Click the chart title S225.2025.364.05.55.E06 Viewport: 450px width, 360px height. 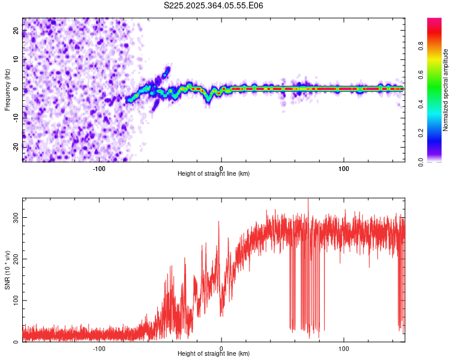click(214, 5)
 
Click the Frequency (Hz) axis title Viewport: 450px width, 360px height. click(7, 89)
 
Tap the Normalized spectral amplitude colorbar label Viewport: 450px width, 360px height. click(446, 89)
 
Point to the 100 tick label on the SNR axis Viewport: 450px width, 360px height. click(14, 301)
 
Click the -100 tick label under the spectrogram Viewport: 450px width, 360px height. click(99, 168)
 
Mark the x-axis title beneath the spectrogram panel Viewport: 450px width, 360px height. click(214, 174)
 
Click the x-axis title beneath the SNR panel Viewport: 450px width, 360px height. click(214, 354)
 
